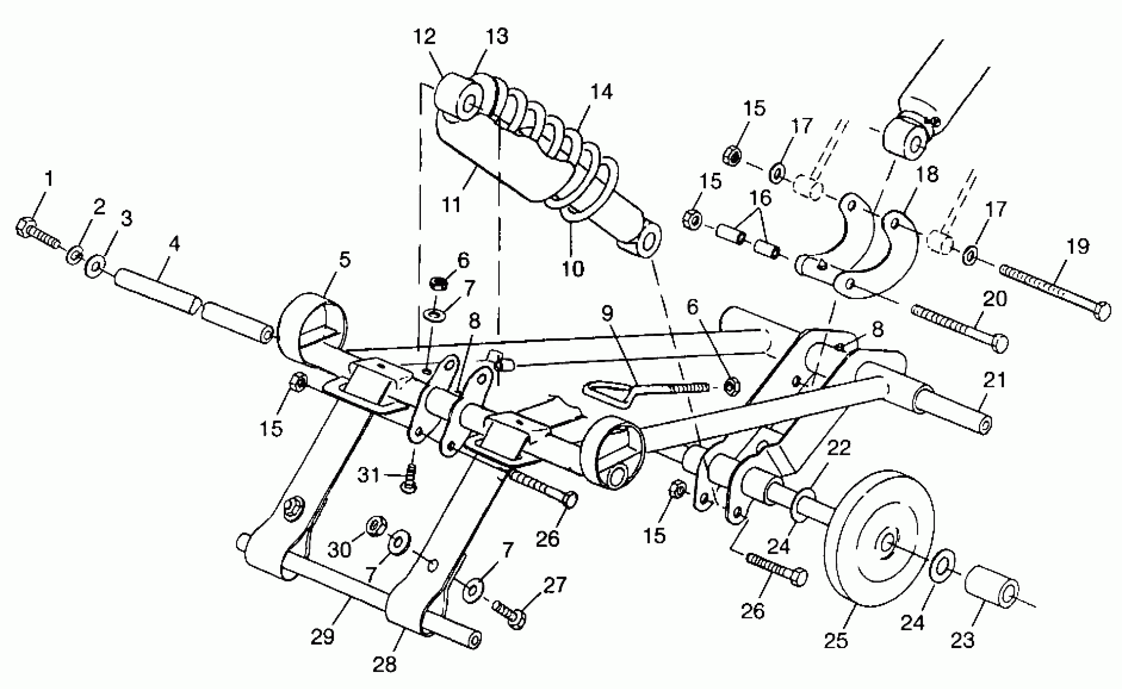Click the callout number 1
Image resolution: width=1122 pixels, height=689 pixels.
tap(48, 179)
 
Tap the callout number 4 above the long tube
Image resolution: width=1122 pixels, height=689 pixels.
tap(174, 244)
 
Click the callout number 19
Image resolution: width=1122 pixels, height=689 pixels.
tap(1078, 246)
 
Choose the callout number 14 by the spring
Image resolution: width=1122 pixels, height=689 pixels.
tap(601, 92)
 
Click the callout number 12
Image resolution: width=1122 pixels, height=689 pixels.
tap(425, 37)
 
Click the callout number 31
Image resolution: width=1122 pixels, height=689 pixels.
tap(368, 475)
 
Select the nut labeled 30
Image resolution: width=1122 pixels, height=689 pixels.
tap(377, 528)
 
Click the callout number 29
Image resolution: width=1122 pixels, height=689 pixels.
tap(322, 637)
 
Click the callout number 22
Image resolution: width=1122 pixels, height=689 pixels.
tap(839, 448)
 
